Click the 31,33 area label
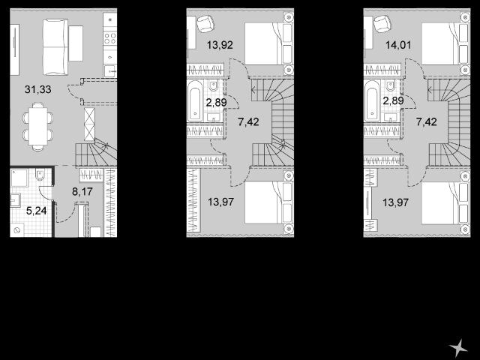pos(38,90)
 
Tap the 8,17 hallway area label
pos(82,192)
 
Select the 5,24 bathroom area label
pos(37,211)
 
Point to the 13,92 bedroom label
pos(220,45)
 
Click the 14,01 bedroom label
pos(398,45)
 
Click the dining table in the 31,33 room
pos(38,126)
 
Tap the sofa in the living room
pos(55,47)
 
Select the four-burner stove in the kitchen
pos(110,38)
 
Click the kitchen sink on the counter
pos(110,71)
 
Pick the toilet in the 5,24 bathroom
pos(40,175)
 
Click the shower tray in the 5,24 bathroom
pos(19,178)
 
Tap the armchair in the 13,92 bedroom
pos(205,23)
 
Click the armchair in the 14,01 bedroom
pos(382,23)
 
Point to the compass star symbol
pos(458,348)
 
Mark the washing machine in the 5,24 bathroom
pos(16,230)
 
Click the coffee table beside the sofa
pos(76,43)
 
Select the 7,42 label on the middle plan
pos(248,122)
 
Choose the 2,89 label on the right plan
pos(393,100)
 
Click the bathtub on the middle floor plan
pos(195,100)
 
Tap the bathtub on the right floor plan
pos(372,100)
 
